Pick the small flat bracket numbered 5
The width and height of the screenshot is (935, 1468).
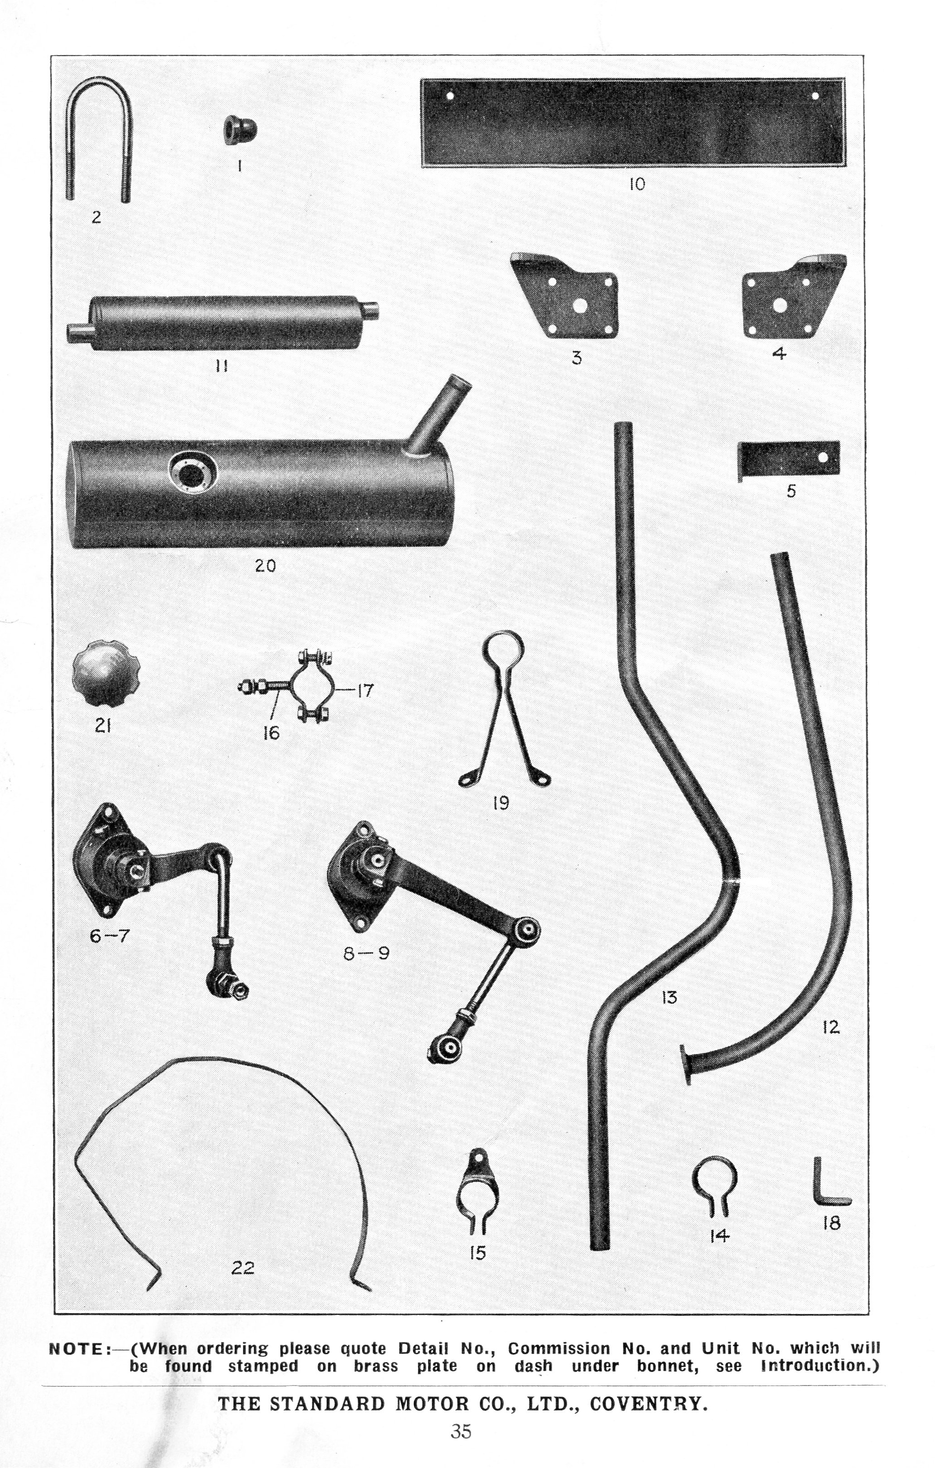(789, 459)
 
